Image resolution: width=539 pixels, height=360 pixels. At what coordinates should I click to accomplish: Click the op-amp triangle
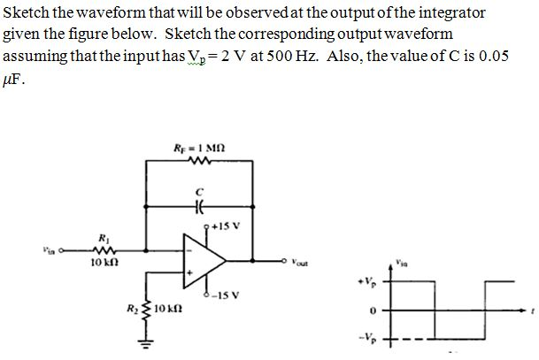pos(204,261)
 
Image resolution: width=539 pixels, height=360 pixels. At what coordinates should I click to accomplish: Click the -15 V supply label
pos(221,296)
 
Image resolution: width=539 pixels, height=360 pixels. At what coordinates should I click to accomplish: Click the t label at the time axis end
pos(532,312)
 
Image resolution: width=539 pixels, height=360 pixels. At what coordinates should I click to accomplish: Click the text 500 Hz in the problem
pos(345,56)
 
